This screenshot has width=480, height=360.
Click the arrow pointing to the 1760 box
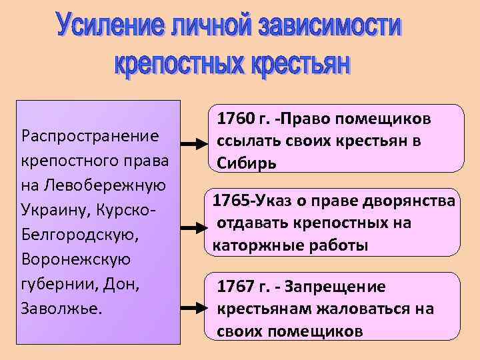coord(194,143)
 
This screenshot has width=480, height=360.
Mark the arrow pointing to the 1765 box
coord(194,227)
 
